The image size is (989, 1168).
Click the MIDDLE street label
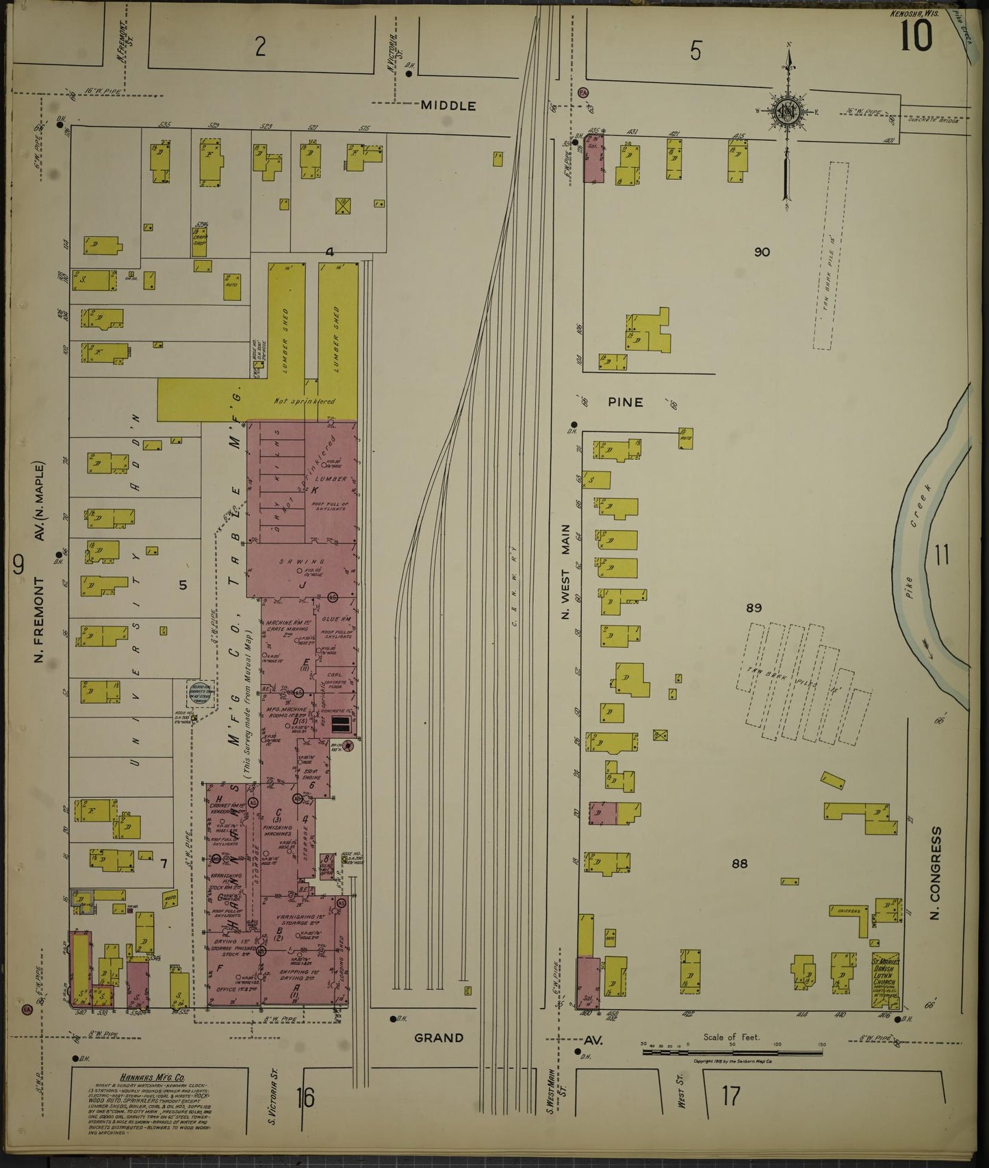pyautogui.click(x=448, y=105)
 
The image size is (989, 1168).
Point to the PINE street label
pyautogui.click(x=626, y=402)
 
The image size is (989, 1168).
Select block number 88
pyautogui.click(x=739, y=864)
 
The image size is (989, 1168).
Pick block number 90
pyautogui.click(x=762, y=252)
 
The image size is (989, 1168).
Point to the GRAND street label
pyautogui.click(x=439, y=1038)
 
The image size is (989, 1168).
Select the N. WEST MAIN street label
pyautogui.click(x=566, y=572)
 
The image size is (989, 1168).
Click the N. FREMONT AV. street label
pyautogui.click(x=40, y=588)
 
